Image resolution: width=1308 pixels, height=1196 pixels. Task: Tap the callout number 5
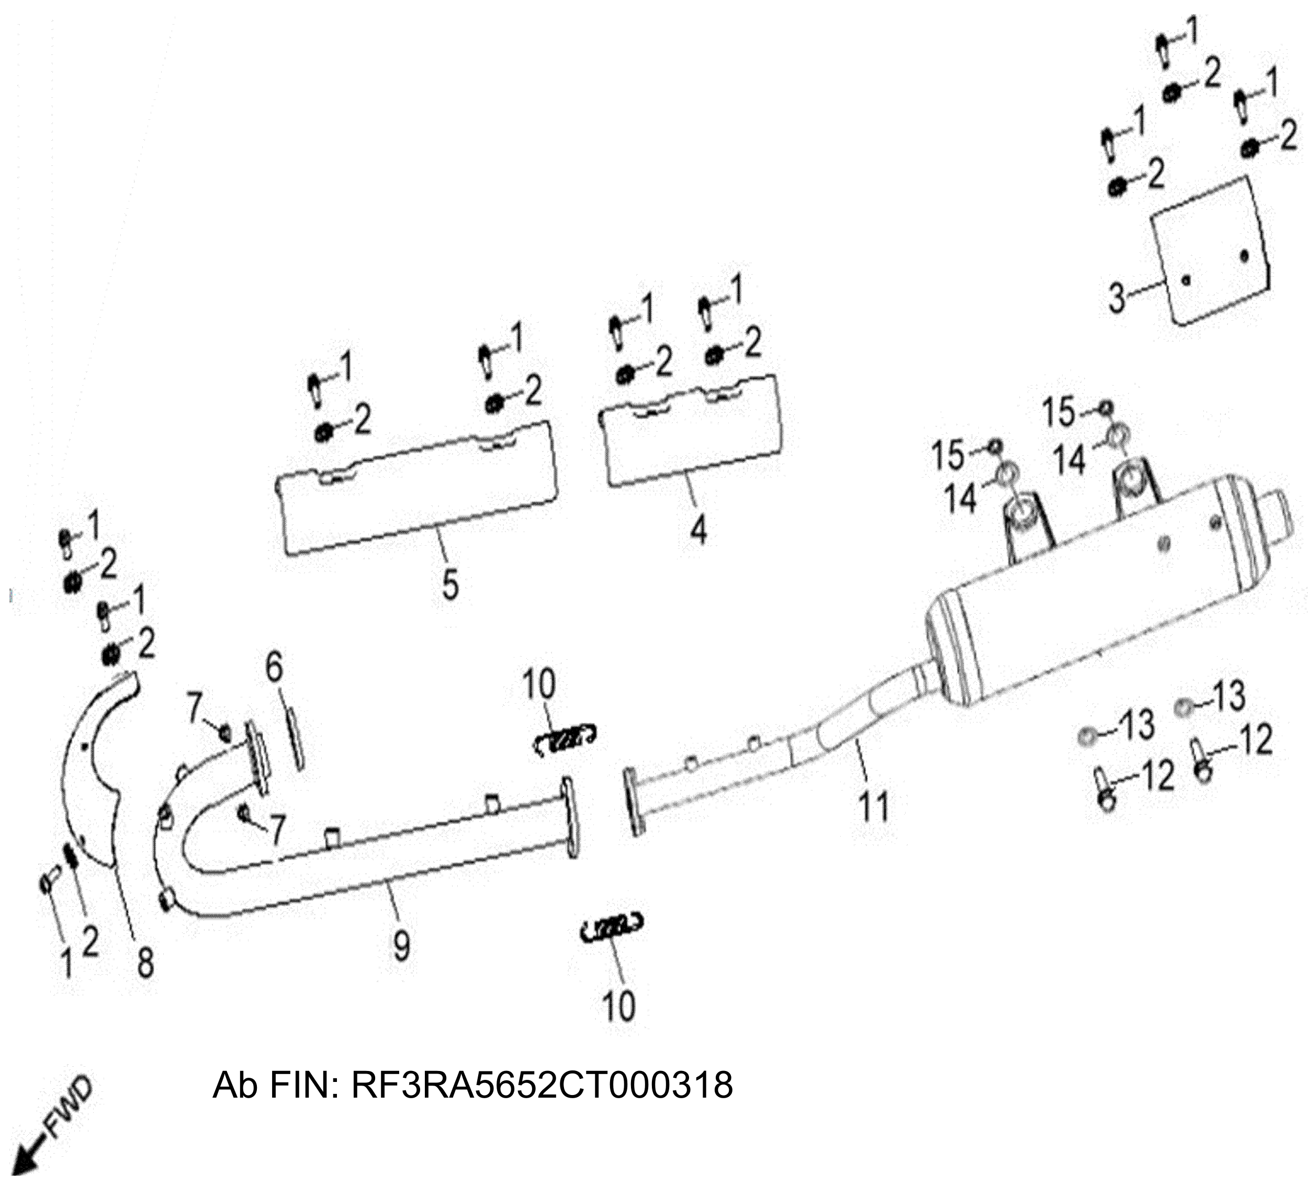pos(449,584)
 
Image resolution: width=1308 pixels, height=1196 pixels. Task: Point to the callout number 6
pos(275,668)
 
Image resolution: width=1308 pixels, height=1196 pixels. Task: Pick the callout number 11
pos(873,806)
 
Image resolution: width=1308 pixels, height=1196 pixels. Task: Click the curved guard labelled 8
pos(97,766)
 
